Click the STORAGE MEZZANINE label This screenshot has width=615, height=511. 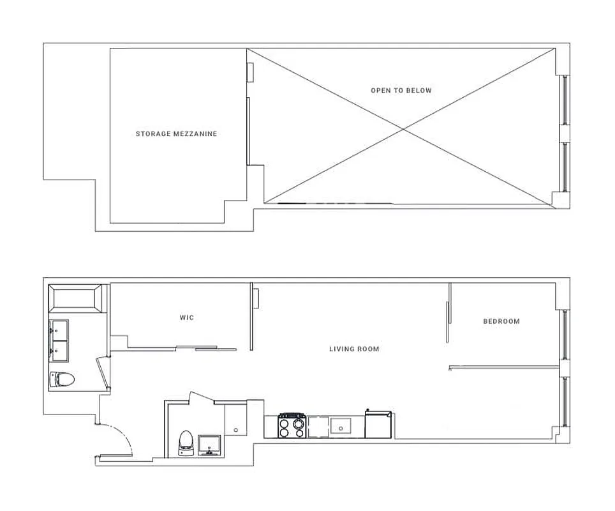pyautogui.click(x=176, y=134)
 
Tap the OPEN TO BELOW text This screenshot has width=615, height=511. pyautogui.click(x=401, y=91)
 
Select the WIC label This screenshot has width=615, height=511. pyautogui.click(x=186, y=317)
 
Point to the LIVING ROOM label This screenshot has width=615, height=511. pyautogui.click(x=354, y=349)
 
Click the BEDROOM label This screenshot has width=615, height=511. pyautogui.click(x=501, y=321)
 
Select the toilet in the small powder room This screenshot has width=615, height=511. pyautogui.click(x=186, y=442)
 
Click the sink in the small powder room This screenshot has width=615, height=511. pyautogui.click(x=210, y=445)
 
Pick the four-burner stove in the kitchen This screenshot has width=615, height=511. pyautogui.click(x=293, y=426)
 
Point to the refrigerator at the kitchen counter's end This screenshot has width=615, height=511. pyautogui.click(x=378, y=425)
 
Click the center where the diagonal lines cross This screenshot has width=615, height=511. pyautogui.click(x=402, y=130)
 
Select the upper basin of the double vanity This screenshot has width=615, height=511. pyautogui.click(x=60, y=330)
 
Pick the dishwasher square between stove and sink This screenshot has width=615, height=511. pyautogui.click(x=318, y=427)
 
